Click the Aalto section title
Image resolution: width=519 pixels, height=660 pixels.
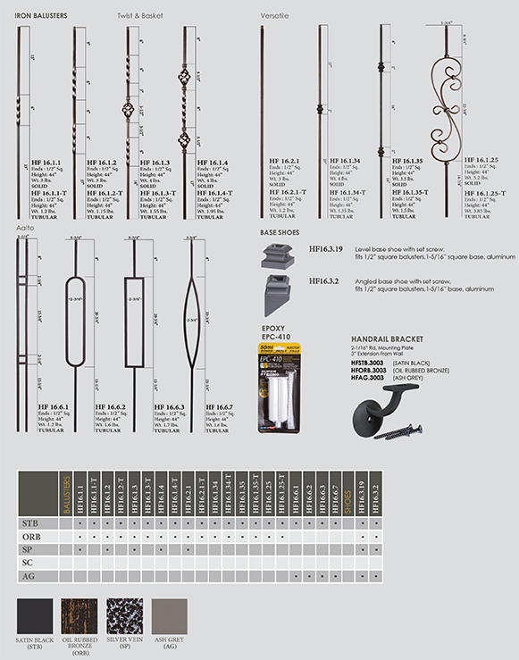click(25, 229)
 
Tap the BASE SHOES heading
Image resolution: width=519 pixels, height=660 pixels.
click(280, 232)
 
